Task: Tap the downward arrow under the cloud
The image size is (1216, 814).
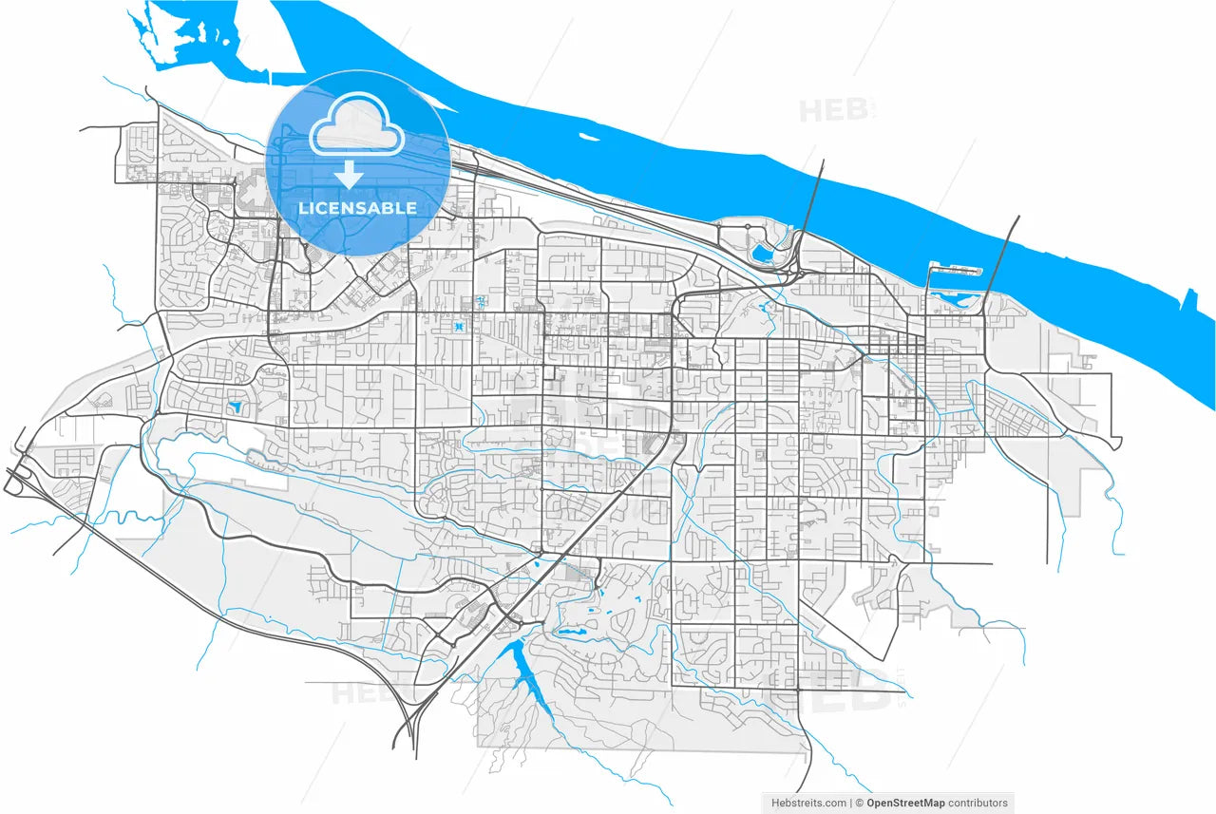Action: pos(350,175)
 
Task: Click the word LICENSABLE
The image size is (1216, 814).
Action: pos(357,208)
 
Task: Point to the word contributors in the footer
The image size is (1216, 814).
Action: pos(978,803)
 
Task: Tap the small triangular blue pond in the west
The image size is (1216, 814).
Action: pos(235,407)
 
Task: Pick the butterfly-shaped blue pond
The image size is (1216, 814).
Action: pos(459,328)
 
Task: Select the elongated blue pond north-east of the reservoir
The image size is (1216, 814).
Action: pos(570,630)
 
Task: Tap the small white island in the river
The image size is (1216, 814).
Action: pos(589,140)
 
